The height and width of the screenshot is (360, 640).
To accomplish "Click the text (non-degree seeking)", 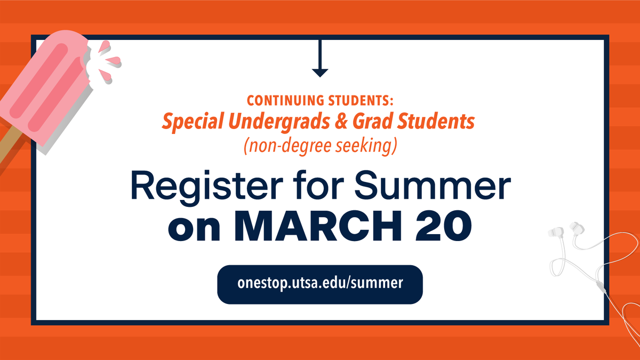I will point(320,145).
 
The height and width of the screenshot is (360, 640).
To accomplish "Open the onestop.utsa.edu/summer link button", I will point(320,284).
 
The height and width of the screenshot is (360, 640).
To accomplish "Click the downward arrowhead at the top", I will point(319,72).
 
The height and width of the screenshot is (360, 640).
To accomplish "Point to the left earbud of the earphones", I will point(556,234).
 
